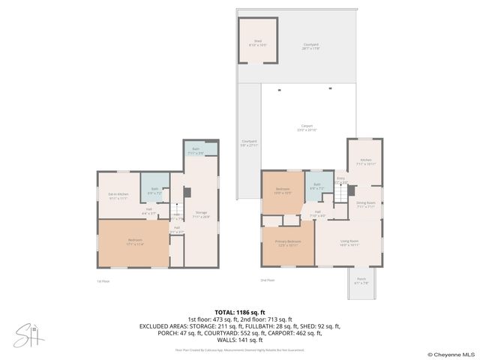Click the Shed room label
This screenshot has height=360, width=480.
click(257, 44)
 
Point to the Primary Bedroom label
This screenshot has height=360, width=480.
click(289, 242)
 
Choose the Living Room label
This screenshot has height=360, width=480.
click(349, 242)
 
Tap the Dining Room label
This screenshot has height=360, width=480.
click(365, 205)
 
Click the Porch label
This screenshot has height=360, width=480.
click(361, 282)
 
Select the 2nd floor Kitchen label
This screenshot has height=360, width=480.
click(365, 161)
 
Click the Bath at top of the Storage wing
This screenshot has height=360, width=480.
click(196, 151)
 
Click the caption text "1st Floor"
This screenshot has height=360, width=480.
click(103, 281)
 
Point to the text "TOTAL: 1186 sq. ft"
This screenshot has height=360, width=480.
click(240, 312)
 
